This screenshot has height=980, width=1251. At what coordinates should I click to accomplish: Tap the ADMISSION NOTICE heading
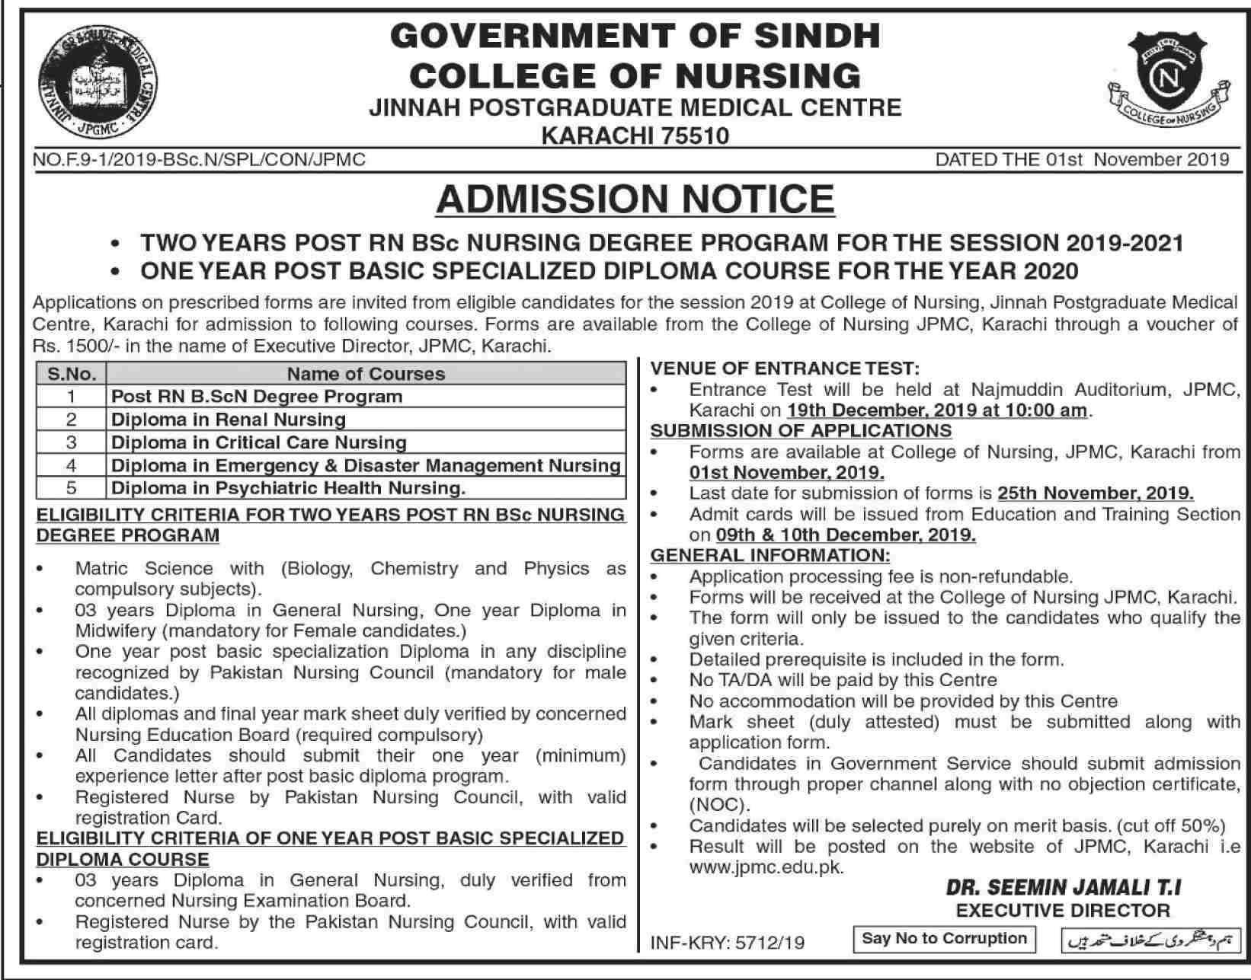pos(635,200)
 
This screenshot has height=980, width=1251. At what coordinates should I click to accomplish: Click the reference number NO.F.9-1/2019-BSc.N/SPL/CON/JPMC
pos(200,159)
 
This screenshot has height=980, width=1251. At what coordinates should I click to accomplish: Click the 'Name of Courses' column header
pos(366,374)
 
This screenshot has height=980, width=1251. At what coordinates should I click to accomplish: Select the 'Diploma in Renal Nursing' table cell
pos(229,420)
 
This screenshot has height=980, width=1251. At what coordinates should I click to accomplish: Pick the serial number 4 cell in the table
pos(72,465)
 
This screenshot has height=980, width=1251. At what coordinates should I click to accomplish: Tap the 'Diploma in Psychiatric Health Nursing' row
pos(288,488)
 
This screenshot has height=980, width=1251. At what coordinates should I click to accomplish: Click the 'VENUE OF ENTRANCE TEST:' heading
pos(785,369)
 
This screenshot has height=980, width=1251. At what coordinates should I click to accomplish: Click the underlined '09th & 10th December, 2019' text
pos(846,535)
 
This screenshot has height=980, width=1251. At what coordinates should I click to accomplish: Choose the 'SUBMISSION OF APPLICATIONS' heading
pos(801,430)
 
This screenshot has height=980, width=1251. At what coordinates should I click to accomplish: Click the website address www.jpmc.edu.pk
pos(766,867)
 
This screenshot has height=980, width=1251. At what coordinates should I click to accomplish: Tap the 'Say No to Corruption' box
pos(944,939)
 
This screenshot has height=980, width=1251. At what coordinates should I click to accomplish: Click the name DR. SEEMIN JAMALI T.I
pos(1064,888)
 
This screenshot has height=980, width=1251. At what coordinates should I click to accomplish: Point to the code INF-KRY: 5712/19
pos(728,943)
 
